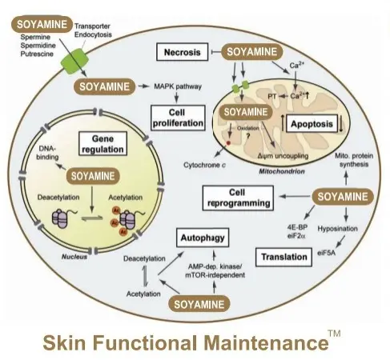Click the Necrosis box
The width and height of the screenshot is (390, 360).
[182, 52]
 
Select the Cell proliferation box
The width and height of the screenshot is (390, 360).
[178, 118]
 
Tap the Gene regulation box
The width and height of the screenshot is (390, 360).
[103, 144]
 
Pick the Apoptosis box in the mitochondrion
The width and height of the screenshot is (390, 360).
[312, 123]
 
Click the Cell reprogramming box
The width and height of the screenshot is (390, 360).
[238, 198]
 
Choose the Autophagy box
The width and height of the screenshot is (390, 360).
[203, 238]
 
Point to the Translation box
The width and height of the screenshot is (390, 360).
[284, 257]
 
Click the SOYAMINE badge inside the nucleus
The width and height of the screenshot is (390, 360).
[93, 176]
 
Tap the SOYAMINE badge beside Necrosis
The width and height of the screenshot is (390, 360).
[251, 52]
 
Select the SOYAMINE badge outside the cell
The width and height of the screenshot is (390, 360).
[42, 24]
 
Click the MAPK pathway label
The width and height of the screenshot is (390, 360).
[178, 86]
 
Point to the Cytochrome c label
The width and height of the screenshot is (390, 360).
[204, 165]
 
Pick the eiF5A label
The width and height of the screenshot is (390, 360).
[326, 253]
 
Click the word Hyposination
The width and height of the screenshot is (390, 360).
[337, 229]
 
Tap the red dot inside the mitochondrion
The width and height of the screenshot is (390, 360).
[228, 143]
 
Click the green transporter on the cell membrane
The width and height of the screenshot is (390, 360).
[74, 61]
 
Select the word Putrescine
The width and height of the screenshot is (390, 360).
[37, 54]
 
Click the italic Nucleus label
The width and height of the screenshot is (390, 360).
[74, 257]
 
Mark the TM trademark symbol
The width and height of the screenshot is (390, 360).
[334, 334]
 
